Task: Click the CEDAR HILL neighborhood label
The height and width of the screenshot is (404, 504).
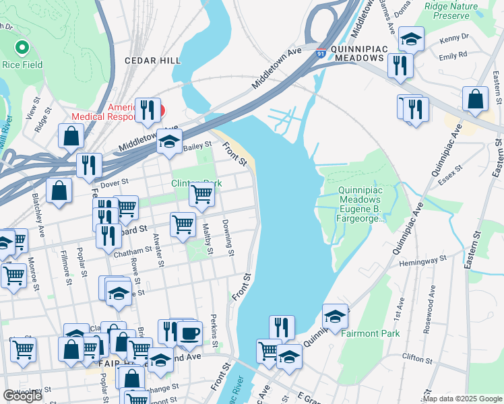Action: click(x=152, y=61)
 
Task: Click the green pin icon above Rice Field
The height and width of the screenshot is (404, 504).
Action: click(x=22, y=49)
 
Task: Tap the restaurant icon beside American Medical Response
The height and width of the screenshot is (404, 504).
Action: click(x=147, y=110)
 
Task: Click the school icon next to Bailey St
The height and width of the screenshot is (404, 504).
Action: click(x=168, y=141)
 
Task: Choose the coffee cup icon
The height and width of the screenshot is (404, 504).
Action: click(x=189, y=332)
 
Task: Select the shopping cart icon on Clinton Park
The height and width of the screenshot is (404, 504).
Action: click(x=202, y=194)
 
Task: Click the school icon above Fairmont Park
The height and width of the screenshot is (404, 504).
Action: click(x=335, y=316)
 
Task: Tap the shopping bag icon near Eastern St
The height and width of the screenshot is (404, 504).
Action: click(x=475, y=99)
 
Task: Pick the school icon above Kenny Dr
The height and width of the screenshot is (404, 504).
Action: click(x=410, y=38)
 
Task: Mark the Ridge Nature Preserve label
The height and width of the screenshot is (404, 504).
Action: click(x=456, y=11)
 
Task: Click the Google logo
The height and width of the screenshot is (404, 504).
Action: click(x=22, y=396)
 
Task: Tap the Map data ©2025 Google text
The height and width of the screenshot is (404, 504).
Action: click(x=462, y=399)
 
